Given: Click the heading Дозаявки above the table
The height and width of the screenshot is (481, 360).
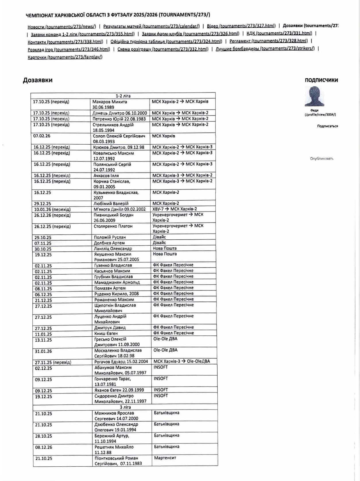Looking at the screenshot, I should [38, 80].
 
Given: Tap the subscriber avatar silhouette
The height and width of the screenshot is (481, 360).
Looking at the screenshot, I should [314, 96].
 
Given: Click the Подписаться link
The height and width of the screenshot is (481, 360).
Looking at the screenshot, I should [327, 126].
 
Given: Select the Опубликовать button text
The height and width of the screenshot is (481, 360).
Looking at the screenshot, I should [322, 158].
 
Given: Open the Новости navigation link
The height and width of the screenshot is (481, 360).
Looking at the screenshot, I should [62, 27].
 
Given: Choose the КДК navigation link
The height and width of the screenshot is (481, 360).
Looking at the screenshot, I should [279, 33].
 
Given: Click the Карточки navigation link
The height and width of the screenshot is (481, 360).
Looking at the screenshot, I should [65, 57].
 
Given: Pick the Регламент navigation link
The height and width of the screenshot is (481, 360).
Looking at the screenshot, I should [268, 41].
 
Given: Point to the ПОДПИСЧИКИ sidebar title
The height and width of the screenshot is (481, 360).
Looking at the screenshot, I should [321, 80].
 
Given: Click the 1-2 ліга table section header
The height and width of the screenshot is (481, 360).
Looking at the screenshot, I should [123, 96].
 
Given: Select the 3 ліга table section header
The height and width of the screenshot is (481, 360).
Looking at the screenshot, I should [125, 407].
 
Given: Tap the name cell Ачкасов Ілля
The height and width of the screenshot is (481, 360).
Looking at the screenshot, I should [106, 176].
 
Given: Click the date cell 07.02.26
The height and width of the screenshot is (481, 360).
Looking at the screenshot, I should [42, 136].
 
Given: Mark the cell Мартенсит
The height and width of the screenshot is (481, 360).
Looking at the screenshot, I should [165, 458].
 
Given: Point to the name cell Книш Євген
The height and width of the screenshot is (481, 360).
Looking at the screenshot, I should [106, 333].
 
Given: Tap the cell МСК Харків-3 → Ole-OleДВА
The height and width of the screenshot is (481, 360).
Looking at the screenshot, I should [181, 361].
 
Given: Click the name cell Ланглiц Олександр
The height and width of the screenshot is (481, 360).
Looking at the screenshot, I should [113, 249].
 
